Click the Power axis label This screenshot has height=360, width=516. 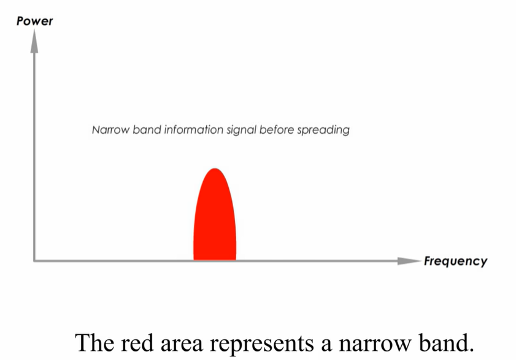pyautogui.click(x=35, y=22)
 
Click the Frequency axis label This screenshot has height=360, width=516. pyautogui.click(x=456, y=261)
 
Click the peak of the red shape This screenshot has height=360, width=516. pyautogui.click(x=214, y=169)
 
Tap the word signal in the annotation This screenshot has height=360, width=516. pyautogui.click(x=245, y=131)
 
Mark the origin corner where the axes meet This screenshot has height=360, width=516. pyautogui.click(x=35, y=261)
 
